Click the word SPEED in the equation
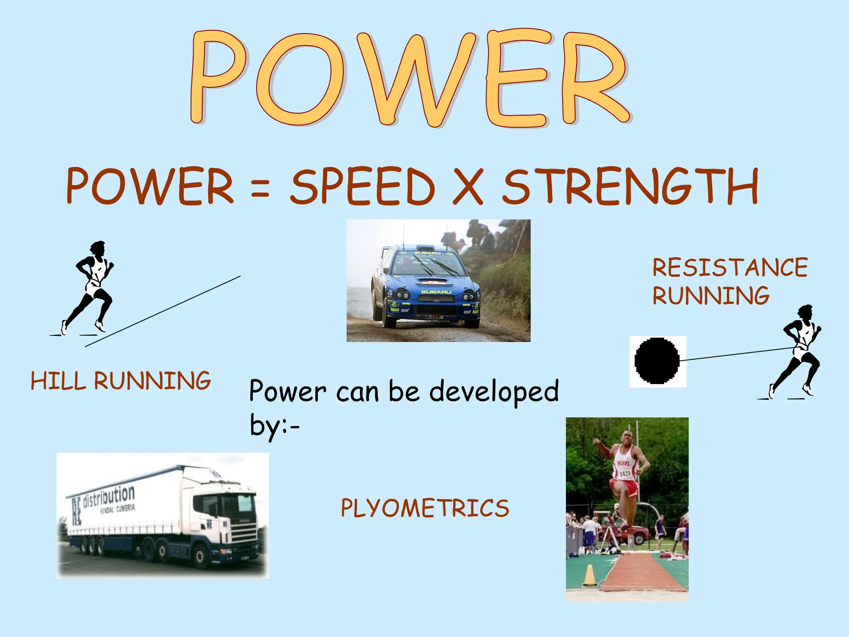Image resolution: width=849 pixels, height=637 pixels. (x=362, y=186)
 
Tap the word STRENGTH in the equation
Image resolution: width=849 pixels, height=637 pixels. (x=631, y=186)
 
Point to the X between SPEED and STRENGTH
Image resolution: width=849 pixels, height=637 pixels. (x=468, y=187)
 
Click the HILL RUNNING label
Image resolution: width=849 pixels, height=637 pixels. (x=121, y=381)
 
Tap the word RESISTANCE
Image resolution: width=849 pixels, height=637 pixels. (x=730, y=267)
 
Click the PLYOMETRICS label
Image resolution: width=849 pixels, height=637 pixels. (x=424, y=508)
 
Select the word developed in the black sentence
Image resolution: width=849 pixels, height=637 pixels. (x=494, y=391)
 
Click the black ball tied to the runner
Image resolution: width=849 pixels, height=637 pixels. (x=657, y=361)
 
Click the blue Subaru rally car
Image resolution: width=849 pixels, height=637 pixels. (x=427, y=286)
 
